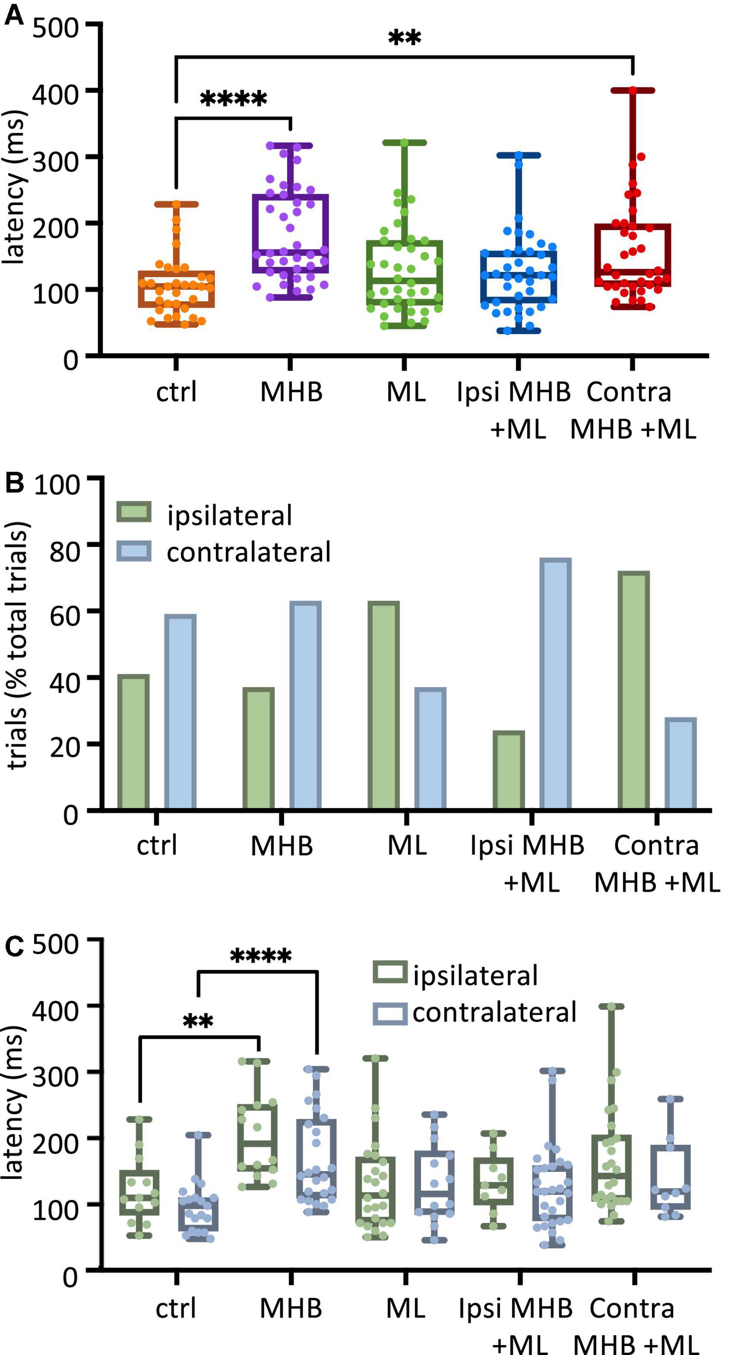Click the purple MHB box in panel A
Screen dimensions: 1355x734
pos(291,233)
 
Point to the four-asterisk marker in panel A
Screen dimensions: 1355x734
pos(234,99)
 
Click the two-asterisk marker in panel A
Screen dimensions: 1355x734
pos(405,38)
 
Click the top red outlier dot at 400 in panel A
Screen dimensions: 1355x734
pos(633,91)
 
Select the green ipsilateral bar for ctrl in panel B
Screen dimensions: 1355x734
pos(133,742)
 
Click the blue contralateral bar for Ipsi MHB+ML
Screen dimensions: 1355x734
pos(555,684)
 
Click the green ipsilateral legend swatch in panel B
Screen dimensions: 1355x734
pos(134,512)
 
